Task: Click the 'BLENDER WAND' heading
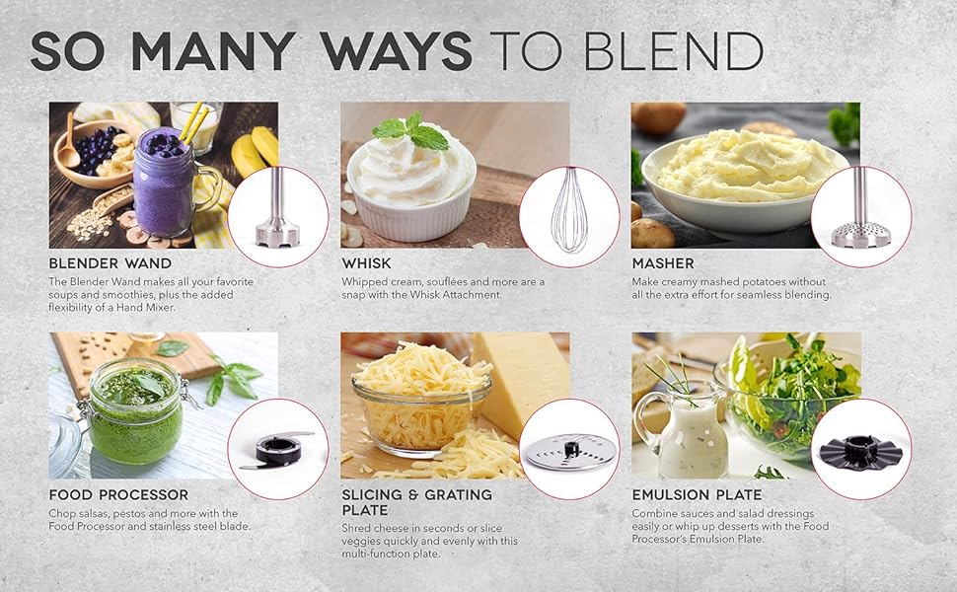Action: (x=110, y=263)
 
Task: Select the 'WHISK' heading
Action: (x=366, y=263)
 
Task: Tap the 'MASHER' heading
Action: (x=662, y=263)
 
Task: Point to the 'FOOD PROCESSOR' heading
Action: (x=118, y=494)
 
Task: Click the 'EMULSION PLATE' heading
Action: (x=696, y=494)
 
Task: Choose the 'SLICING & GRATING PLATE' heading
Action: (x=416, y=502)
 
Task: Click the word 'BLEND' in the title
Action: (x=680, y=51)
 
